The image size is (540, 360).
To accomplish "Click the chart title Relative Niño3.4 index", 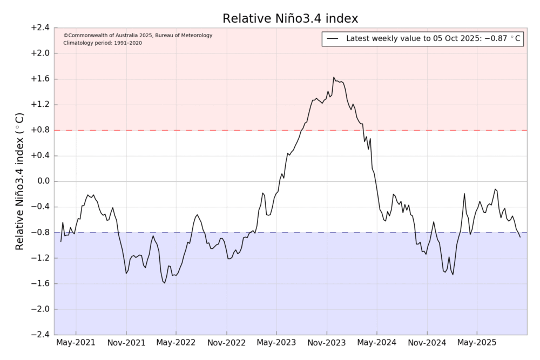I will (291, 19).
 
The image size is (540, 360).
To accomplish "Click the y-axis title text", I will (20, 181).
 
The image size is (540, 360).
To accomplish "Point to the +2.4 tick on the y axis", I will (39, 28).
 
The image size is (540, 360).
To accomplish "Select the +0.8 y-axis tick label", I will (39, 130).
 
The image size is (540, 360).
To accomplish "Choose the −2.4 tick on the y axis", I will (39, 335).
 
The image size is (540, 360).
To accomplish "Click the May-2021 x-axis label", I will (76, 343).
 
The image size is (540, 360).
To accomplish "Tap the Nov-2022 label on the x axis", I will (227, 343).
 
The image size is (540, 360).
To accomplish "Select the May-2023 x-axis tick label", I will (276, 343).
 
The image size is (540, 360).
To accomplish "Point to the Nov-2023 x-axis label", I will (327, 343).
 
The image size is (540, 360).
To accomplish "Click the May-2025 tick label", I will (477, 343).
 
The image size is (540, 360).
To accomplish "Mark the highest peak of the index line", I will (334, 78).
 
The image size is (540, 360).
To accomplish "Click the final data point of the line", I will (520, 237).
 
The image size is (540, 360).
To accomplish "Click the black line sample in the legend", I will (333, 39).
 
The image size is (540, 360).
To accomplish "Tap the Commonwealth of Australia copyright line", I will (138, 36).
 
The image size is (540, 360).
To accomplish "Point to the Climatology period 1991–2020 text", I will (103, 43).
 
